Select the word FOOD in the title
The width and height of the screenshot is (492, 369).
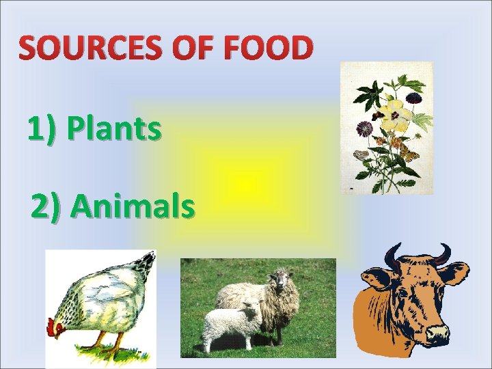pos(273,49)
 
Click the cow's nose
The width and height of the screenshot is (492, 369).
pos(437,333)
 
